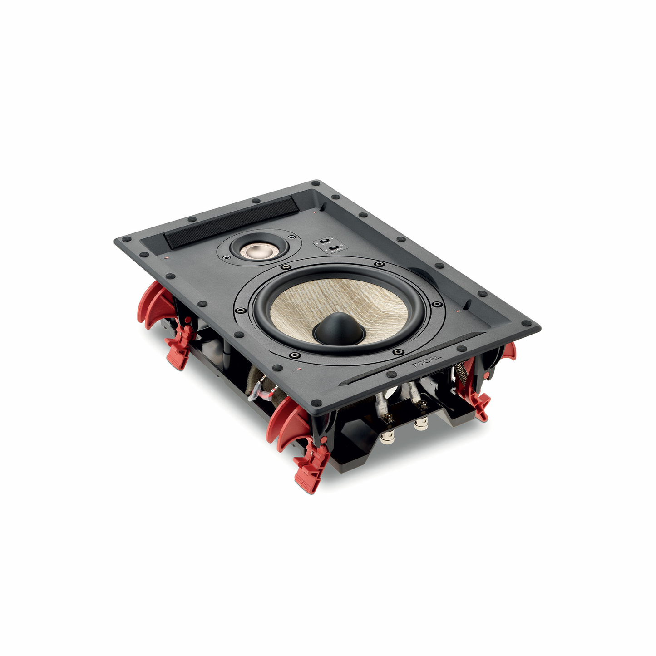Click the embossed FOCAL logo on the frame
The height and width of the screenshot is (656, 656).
(x=426, y=361)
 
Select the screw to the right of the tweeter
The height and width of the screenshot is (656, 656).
(x=289, y=237)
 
